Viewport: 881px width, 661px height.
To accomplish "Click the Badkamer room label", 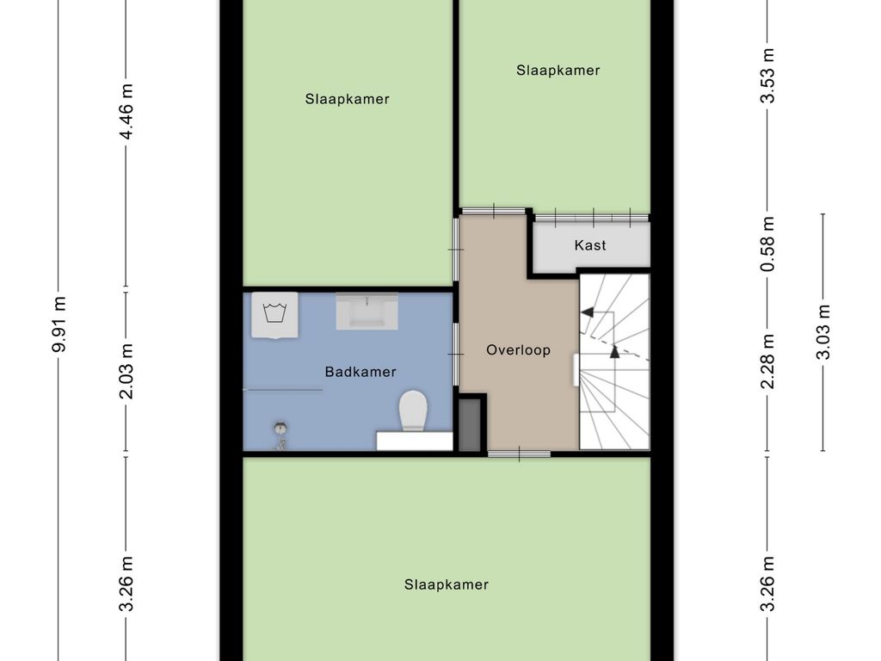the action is (360, 372).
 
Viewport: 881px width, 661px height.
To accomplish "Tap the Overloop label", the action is (518, 349).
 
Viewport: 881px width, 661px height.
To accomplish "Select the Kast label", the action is (590, 245).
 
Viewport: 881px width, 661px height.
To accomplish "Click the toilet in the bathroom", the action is (414, 411).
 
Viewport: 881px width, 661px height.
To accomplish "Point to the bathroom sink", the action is (367, 311).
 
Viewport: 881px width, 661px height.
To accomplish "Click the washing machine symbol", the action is (274, 315).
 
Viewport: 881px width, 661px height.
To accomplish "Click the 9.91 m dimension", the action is (59, 324).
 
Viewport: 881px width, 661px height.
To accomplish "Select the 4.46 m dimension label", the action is (126, 112).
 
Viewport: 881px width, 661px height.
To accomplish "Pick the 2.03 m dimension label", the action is (126, 371).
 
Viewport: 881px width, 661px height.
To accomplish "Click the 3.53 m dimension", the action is (767, 76).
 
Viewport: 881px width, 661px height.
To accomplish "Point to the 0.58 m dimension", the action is (767, 244).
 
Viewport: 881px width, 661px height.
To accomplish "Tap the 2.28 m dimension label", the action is (767, 361).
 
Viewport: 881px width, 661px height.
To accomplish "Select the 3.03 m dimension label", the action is (822, 331).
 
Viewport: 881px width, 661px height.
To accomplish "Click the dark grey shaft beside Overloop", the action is (471, 424).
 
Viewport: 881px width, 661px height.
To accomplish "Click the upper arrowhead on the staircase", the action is (587, 312).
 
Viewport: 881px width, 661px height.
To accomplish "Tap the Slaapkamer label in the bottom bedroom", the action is (447, 584).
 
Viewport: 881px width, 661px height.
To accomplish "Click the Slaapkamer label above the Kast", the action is (558, 71).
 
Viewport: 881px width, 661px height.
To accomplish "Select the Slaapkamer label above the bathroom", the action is (348, 99).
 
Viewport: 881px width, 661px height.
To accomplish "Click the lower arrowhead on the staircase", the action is (614, 352).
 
